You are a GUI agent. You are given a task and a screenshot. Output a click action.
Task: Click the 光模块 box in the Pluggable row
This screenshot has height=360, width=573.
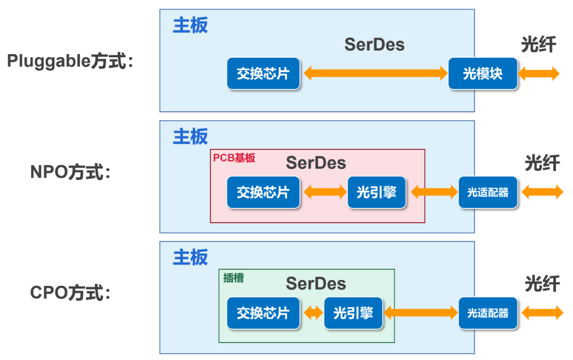(482, 74)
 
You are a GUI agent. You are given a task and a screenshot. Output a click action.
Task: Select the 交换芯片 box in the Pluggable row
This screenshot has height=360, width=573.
(263, 74)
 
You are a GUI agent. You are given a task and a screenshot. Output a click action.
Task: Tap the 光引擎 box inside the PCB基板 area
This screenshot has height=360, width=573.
(377, 192)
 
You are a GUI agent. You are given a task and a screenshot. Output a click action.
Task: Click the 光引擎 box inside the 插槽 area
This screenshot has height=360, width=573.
(353, 313)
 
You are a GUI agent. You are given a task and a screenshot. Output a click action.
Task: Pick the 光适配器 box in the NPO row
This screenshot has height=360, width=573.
(488, 192)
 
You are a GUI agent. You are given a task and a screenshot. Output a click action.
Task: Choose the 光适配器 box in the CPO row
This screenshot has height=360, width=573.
(488, 313)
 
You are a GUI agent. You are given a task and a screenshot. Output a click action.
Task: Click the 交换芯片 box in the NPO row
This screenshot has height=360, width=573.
(263, 192)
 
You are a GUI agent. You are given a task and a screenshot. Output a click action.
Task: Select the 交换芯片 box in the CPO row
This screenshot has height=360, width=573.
(263, 313)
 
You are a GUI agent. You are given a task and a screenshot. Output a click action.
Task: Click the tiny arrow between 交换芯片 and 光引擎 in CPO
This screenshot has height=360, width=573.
(312, 313)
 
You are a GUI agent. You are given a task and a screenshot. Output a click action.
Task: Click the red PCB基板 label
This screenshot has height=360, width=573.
(234, 158)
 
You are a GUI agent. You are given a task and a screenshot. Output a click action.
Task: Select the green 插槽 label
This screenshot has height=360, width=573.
(233, 278)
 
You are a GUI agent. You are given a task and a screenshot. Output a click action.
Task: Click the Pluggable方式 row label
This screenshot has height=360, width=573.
(70, 61)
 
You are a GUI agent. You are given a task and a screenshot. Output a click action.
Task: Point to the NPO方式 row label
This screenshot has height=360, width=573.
(71, 172)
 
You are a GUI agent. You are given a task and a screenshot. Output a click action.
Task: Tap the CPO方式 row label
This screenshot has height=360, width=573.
(71, 293)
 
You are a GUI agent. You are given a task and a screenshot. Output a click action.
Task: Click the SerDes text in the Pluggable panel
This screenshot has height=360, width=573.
(374, 45)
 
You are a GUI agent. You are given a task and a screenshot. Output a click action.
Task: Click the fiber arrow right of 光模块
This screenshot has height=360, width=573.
(539, 74)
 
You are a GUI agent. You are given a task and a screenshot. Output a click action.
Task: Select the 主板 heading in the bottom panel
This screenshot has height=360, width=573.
(190, 258)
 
